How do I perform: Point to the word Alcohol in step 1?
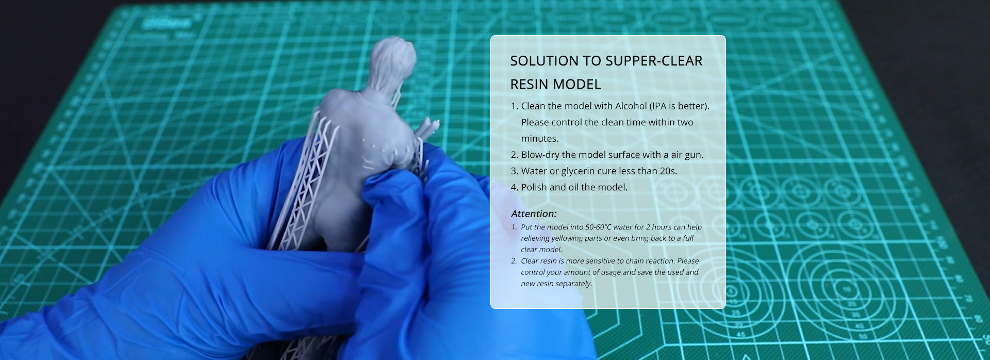point(631,106)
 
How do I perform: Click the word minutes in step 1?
point(539,138)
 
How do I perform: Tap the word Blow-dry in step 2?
point(540,155)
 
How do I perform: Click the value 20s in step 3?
point(668,171)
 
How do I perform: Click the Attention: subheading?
point(534,214)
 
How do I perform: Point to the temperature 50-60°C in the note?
point(598,227)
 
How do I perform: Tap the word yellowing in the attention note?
point(568,238)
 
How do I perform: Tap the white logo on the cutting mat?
point(167,23)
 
